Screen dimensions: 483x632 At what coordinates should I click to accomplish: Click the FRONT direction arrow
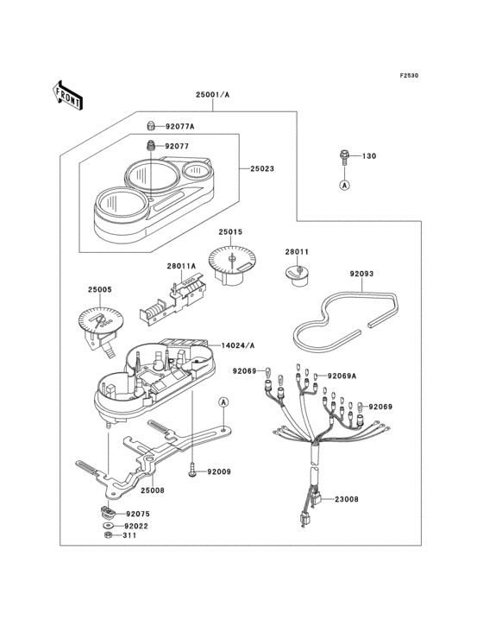66,96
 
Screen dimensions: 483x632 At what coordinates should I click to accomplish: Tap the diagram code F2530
409,75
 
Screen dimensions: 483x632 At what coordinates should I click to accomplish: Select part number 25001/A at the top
212,95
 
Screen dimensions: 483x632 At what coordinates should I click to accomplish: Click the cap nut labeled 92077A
150,126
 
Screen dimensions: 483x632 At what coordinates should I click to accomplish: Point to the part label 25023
262,168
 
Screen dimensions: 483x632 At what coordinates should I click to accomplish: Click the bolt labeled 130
344,158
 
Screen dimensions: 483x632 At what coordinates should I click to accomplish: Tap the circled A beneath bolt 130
344,185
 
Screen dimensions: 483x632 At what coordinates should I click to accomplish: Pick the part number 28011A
181,266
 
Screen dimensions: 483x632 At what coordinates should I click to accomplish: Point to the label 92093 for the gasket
361,274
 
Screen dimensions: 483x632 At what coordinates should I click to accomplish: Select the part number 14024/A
238,345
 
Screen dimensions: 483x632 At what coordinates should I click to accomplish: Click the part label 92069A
342,376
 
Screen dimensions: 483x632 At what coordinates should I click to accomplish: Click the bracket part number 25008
153,490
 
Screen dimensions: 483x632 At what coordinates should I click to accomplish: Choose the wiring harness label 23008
347,499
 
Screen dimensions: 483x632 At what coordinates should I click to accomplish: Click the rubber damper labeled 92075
107,513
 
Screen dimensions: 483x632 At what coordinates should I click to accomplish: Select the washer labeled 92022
108,526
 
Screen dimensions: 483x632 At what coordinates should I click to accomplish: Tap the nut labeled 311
107,535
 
